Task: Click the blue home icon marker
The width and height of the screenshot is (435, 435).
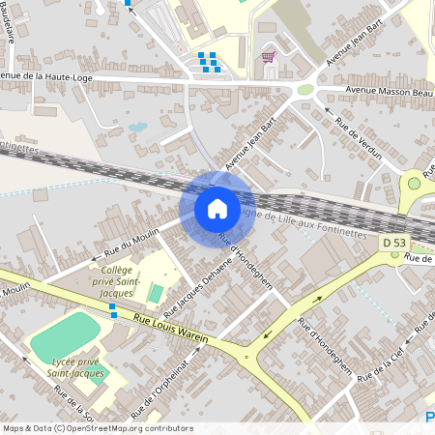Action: [217, 209]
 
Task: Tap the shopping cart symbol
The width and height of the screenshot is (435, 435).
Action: [268, 57]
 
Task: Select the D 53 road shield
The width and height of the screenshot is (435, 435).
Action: [393, 242]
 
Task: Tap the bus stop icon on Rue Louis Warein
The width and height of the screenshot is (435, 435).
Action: [113, 310]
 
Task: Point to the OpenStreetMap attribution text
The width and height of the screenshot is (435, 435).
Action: [97, 428]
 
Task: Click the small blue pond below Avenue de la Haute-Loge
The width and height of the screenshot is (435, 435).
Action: [137, 127]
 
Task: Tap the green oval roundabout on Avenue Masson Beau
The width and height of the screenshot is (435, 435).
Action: [305, 90]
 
